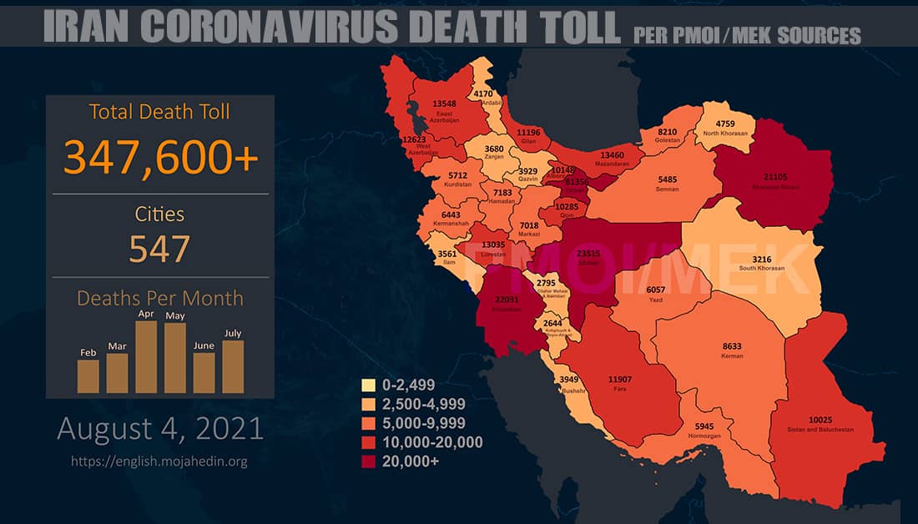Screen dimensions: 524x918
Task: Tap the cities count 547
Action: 160,248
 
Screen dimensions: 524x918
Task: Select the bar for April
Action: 147,356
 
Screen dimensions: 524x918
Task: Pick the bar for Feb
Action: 88,375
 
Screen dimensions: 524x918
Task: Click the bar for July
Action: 233,366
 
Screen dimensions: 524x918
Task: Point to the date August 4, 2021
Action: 160,429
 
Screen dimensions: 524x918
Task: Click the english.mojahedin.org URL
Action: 160,461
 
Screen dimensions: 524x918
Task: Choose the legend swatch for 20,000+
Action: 366,461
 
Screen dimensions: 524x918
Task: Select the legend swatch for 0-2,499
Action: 366,385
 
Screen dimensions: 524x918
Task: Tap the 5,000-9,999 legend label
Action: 423,423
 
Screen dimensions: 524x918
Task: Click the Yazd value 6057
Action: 656,289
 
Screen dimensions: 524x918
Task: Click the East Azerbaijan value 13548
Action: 444,103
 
